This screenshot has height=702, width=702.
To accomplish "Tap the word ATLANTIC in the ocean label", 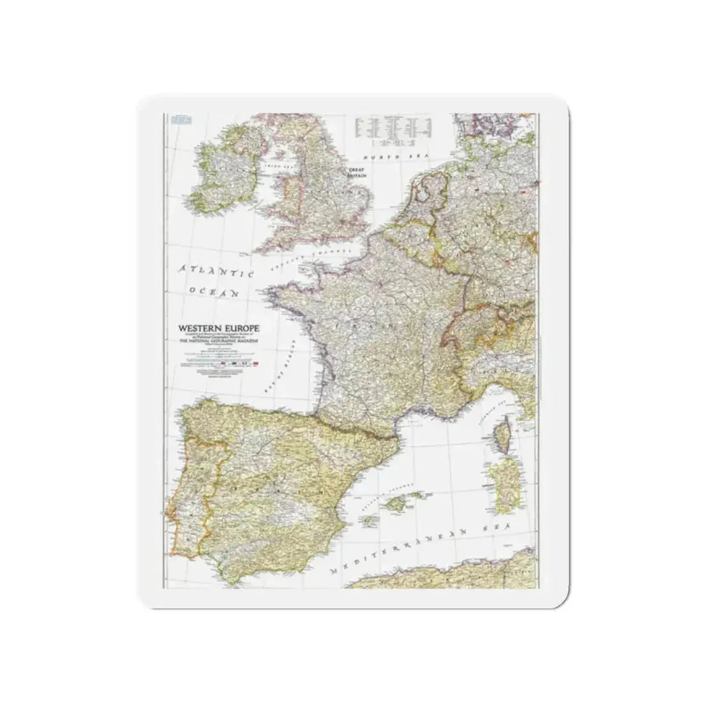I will [216, 271].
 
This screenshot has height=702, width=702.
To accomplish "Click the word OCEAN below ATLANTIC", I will [213, 292].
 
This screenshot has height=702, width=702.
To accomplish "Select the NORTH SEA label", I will [389, 156].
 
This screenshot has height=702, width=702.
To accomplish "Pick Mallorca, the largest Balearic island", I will [415, 496].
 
